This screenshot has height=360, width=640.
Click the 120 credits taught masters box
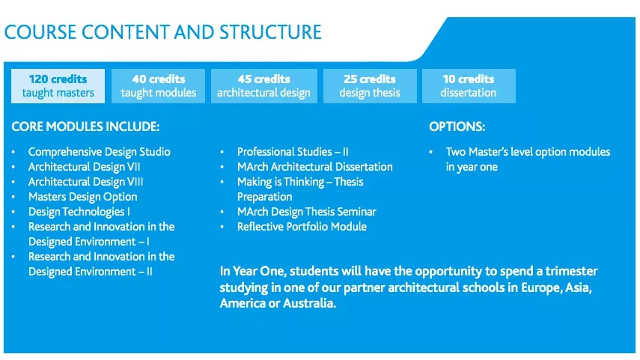58,86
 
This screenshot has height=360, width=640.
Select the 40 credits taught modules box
159,86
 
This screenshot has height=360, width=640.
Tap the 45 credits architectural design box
264,86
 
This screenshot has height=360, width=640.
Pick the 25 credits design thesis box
370,86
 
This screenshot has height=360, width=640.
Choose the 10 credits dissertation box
469,86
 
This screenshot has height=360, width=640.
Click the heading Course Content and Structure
163,32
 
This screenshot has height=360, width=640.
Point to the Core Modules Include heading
86,126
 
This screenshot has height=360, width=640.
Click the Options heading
457,126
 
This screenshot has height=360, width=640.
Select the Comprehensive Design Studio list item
100,152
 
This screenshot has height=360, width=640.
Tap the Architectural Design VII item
84,167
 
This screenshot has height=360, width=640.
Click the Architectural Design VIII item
86,182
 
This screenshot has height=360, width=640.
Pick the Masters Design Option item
83,197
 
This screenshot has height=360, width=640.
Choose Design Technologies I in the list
79,212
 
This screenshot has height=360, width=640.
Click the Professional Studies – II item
293,152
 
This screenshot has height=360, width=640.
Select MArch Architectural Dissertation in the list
315,167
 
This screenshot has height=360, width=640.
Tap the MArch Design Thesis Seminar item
307,212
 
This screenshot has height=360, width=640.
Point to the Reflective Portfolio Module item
302,227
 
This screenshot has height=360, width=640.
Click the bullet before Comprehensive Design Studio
13,152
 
